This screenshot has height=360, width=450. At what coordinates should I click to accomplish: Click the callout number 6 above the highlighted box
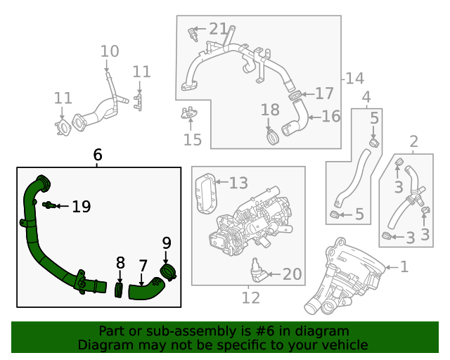pyautogui.click(x=98, y=155)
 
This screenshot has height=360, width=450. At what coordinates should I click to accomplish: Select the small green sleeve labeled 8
pyautogui.click(x=120, y=288)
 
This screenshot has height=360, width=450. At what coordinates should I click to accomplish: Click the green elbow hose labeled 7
pyautogui.click(x=145, y=289)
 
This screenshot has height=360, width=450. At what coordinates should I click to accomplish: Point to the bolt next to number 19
pyautogui.click(x=49, y=205)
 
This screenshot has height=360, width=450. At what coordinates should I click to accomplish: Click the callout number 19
pyautogui.click(x=81, y=206)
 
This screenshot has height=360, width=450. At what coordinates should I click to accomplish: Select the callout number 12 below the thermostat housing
pyautogui.click(x=250, y=297)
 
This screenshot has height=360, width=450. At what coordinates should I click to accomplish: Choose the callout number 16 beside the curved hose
pyautogui.click(x=330, y=116)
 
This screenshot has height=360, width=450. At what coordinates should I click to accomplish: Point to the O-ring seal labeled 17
pyautogui.click(x=296, y=94)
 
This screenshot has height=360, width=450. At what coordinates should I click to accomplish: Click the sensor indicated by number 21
pyautogui.click(x=192, y=33)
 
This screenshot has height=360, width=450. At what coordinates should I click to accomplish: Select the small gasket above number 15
pyautogui.click(x=188, y=113)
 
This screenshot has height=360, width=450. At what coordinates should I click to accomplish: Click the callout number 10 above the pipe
pyautogui.click(x=110, y=51)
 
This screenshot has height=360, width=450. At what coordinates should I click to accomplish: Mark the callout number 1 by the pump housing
pyautogui.click(x=404, y=266)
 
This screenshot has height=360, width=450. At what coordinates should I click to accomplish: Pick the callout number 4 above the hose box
pyautogui.click(x=366, y=96)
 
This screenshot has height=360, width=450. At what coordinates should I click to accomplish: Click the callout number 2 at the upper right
pyautogui.click(x=413, y=141)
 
